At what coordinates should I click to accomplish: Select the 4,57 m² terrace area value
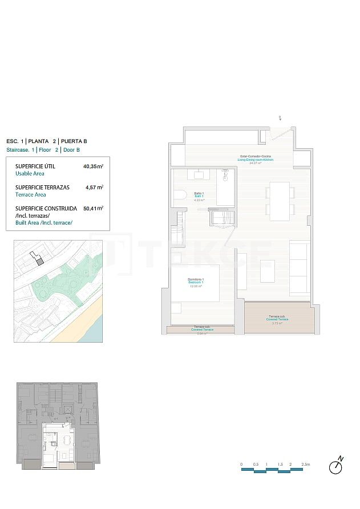94,187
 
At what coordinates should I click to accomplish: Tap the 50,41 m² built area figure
93,209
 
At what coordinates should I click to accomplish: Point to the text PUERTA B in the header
74,141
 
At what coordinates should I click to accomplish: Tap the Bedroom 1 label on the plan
195,281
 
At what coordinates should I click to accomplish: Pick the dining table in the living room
280,201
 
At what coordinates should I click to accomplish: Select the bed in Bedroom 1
195,283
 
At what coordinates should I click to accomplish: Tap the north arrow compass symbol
337,466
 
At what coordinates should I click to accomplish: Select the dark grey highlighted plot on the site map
40,260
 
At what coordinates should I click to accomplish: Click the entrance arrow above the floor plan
280,119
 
